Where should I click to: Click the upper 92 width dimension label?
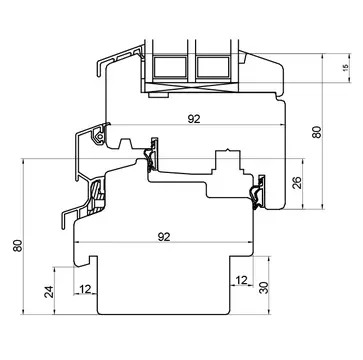coord(194,119)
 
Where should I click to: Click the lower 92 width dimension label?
coord(164,237)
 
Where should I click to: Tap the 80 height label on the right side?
coord(316,132)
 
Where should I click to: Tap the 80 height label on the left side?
coord(18,246)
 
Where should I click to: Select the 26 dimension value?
coord(297,182)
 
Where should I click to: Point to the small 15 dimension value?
coord(346,68)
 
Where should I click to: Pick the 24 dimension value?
coord(49,292)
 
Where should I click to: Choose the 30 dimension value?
coord(264,288)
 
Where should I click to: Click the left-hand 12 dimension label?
coord(85,289)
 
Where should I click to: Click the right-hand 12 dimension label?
coord(242,280)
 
